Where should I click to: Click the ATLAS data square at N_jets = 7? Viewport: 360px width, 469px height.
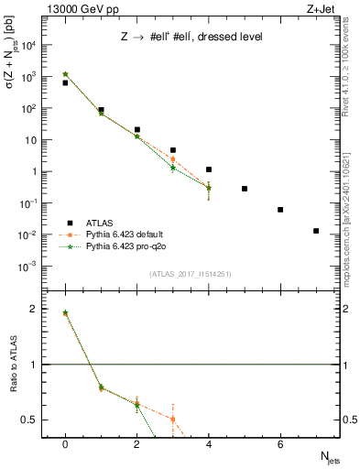(x=316, y=231)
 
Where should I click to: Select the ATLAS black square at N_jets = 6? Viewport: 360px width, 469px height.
(x=280, y=210)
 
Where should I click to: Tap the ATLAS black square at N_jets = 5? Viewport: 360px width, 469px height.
(x=245, y=189)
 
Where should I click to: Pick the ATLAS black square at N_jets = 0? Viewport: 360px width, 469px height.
(x=65, y=82)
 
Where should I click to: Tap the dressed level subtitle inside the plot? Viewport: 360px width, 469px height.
(x=193, y=38)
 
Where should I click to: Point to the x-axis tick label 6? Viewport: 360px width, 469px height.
(x=280, y=443)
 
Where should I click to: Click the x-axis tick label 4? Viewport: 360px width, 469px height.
(x=209, y=443)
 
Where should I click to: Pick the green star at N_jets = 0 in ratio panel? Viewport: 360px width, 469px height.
(x=65, y=312)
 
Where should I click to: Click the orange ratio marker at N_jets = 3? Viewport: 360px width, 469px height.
(x=172, y=420)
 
